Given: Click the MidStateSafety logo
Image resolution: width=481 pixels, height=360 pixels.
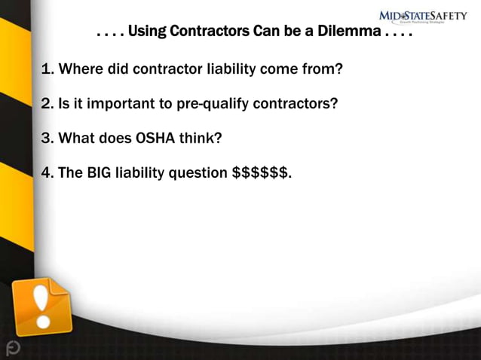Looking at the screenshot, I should tap(422, 16).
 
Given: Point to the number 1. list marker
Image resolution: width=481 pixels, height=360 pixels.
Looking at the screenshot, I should tap(47, 70).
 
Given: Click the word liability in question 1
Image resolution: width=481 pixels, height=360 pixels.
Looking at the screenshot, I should tap(231, 70).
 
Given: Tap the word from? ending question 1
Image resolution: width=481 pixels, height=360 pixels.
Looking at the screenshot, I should tap(325, 70).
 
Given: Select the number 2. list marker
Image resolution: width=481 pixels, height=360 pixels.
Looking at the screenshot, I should tap(47, 105).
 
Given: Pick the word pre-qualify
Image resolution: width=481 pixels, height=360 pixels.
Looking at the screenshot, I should tap(213, 105).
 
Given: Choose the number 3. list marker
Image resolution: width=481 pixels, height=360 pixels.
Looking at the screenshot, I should tap(47, 139).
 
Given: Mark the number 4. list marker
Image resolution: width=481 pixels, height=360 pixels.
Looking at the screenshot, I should tap(47, 173).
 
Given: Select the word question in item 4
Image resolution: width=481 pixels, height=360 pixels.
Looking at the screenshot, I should tap(198, 173).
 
